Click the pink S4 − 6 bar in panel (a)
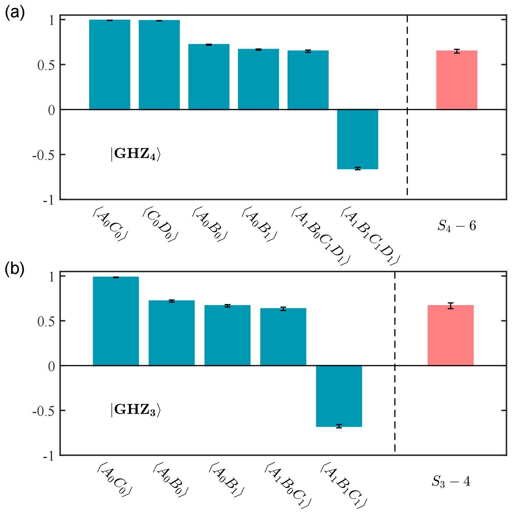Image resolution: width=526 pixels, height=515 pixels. coord(457,80)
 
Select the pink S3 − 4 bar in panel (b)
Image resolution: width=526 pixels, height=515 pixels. coord(450,335)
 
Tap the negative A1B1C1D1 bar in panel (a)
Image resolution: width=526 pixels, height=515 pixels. coord(357,139)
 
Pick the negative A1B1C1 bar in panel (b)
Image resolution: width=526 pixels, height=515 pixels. coord(339,396)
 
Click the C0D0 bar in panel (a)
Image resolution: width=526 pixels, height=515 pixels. coord(159,65)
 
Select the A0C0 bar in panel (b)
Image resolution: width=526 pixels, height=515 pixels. coord(116,321)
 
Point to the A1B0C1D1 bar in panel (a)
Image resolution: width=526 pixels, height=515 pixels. coord(308,80)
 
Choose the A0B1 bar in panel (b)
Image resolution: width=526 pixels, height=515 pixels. coord(227,335)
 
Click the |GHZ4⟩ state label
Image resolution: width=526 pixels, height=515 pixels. coord(135,154)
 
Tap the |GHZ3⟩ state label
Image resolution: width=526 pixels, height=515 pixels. coord(135,410)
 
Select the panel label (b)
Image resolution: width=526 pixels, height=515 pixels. coord(15,269)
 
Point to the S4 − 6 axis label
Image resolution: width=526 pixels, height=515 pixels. coord(457,226)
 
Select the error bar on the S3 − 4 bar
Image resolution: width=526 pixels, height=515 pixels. coord(450,306)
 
